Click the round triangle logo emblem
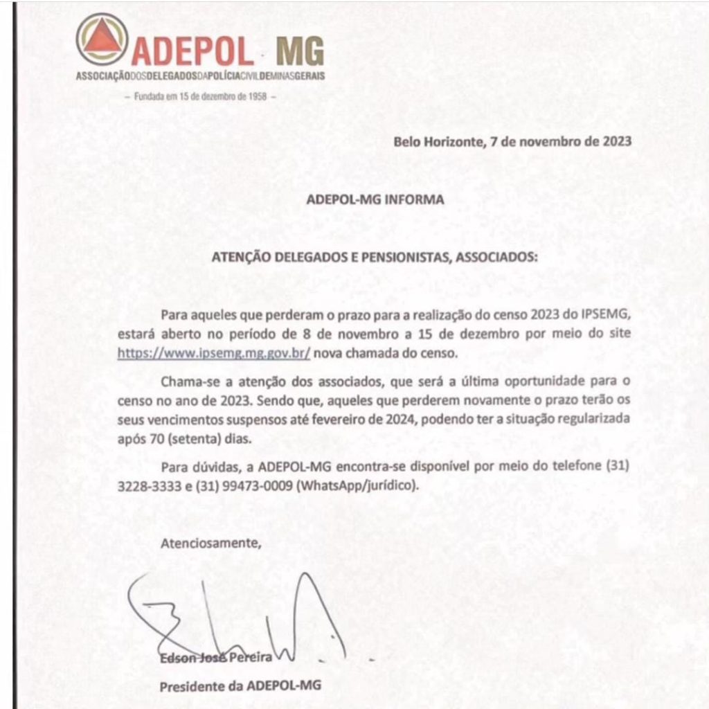pos(102,39)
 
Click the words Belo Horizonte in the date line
pos(436,142)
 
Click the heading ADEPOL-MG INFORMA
pos(375,199)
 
